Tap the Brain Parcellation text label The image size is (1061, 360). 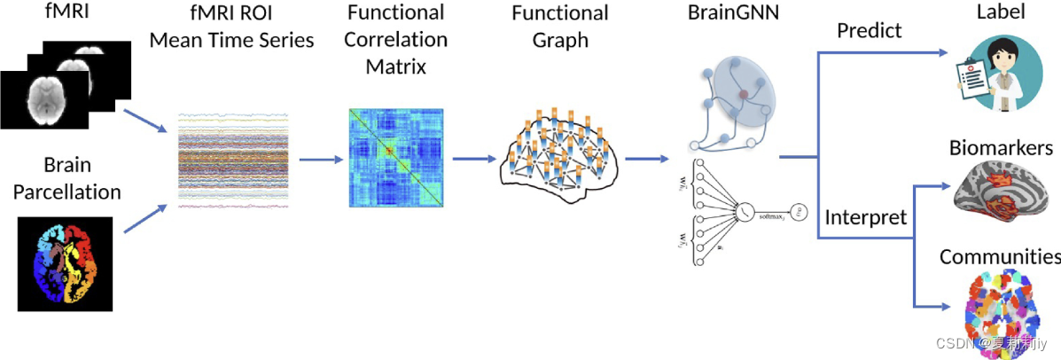66,177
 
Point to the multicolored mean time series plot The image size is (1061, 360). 234,160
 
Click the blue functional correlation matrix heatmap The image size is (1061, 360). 396,158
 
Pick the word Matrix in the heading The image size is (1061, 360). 396,66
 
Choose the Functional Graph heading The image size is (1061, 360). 560,27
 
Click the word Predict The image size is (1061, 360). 869,31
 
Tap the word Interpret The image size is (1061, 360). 865,217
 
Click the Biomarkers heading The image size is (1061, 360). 1001,147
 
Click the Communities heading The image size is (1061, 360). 1000,257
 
